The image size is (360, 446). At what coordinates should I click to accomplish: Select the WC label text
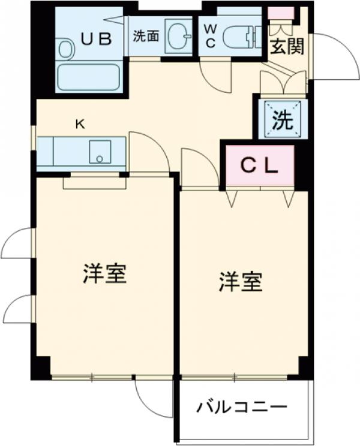[210, 36]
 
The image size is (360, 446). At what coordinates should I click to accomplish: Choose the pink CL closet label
[260, 165]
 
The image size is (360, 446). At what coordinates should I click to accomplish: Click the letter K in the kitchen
[79, 124]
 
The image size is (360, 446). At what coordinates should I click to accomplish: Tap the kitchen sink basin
[100, 152]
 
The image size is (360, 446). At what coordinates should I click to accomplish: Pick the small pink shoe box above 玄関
[281, 13]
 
